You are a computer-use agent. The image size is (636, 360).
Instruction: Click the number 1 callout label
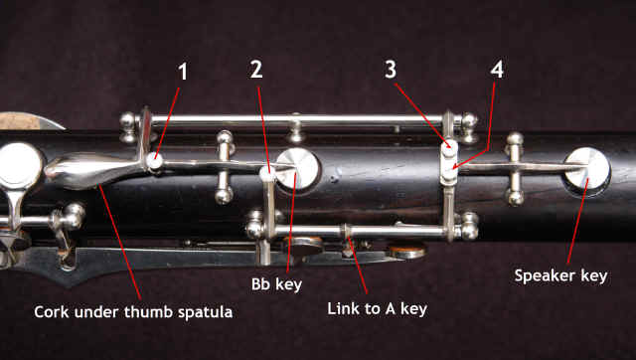click(x=183, y=72)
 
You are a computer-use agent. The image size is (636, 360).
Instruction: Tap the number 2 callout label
click(x=256, y=70)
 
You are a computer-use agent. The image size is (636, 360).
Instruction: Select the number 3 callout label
click(x=391, y=70)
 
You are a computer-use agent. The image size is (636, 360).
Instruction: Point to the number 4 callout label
click(x=497, y=70)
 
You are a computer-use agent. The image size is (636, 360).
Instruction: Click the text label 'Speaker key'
click(x=560, y=276)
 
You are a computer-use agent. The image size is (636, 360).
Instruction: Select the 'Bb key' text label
click(x=276, y=284)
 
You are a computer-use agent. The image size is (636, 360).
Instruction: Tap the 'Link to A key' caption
click(x=378, y=309)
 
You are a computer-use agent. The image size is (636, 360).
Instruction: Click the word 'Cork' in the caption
click(x=51, y=312)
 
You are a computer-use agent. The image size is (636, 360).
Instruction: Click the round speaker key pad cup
click(x=587, y=169)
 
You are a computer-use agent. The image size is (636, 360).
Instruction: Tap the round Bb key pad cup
click(x=298, y=169)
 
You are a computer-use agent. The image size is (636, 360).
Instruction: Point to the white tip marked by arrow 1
click(x=155, y=161)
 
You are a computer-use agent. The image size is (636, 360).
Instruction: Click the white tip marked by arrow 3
click(x=449, y=150)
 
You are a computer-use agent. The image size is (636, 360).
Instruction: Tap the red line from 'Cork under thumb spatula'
click(x=119, y=243)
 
